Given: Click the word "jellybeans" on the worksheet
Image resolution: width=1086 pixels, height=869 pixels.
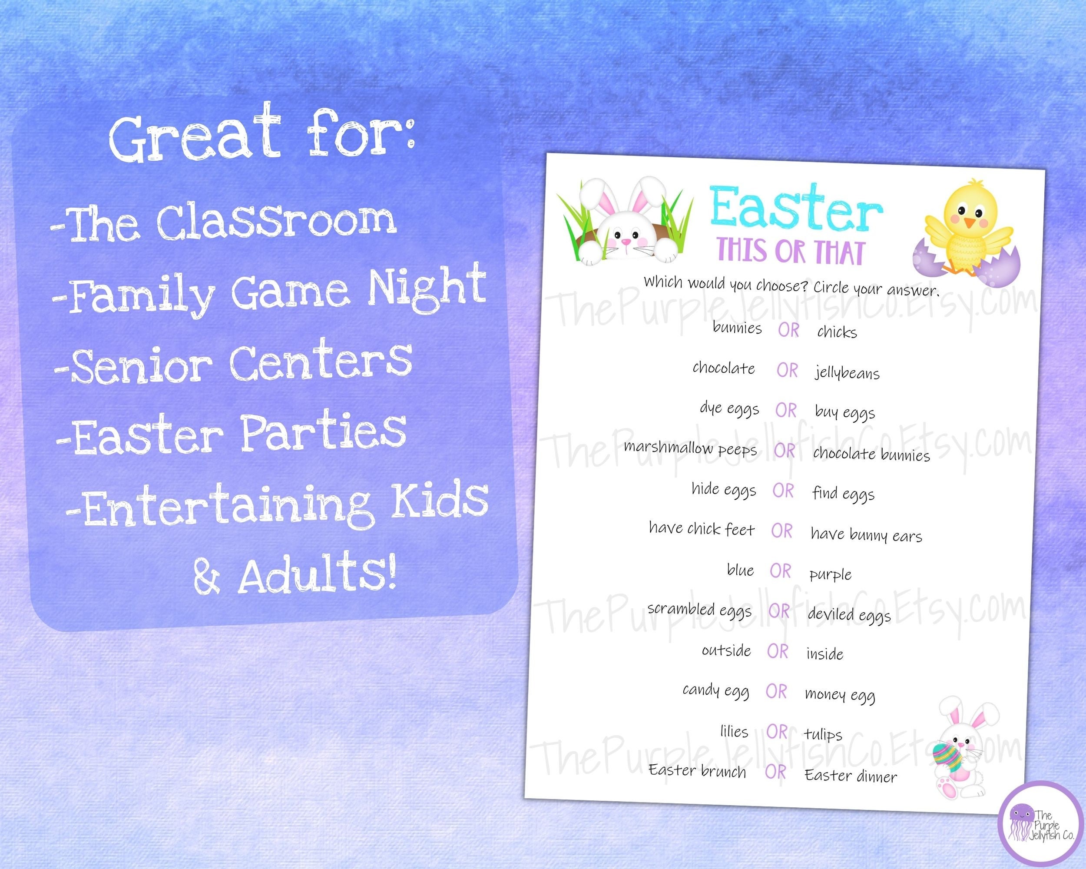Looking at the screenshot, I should click(x=847, y=373).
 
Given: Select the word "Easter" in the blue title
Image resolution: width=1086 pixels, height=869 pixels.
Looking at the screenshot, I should click(x=796, y=209).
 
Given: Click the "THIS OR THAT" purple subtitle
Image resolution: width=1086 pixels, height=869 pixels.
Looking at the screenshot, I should click(x=791, y=252).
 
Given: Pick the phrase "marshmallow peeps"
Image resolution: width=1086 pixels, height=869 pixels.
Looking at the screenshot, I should click(x=690, y=448).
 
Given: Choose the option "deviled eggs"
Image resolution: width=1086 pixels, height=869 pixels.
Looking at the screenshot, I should click(x=849, y=614).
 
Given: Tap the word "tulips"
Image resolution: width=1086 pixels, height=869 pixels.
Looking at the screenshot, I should click(x=823, y=734).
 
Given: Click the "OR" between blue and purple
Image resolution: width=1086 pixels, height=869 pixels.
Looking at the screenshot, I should click(x=780, y=571).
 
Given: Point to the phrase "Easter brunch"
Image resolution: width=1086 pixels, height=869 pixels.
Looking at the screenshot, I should click(x=697, y=771).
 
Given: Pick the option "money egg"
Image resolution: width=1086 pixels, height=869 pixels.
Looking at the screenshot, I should click(x=840, y=695).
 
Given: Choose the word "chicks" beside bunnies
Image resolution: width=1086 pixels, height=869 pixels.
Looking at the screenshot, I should click(x=837, y=332).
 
